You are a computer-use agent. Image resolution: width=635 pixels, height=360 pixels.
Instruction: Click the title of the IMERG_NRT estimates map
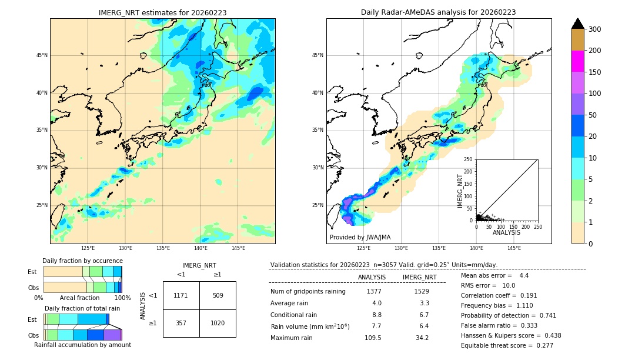tap(162, 12)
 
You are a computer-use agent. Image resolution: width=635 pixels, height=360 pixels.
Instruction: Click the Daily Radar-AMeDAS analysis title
tap(439, 12)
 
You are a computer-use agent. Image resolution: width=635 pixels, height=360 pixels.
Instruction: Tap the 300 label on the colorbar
tap(596, 29)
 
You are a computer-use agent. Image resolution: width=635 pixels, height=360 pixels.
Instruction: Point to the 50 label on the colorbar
tap(593, 115)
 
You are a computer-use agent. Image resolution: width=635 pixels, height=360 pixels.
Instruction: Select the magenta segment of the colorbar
tap(577, 61)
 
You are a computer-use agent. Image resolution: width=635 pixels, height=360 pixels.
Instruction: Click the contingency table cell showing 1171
tap(181, 295)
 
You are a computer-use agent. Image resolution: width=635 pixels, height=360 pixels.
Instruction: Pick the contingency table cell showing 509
tap(218, 295)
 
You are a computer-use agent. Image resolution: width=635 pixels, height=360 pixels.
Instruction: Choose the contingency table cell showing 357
tap(181, 323)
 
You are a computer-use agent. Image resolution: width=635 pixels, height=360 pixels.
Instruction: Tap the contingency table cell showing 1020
tap(218, 323)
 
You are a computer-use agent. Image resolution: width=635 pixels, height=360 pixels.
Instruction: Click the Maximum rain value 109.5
tap(373, 338)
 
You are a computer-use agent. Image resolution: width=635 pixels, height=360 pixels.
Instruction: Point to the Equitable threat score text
tap(507, 345)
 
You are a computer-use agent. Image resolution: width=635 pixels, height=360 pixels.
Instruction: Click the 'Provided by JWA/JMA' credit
tap(360, 238)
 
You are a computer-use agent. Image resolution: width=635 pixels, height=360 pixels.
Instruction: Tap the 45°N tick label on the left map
tap(42, 55)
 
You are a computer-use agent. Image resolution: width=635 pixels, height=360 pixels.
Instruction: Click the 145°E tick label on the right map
tap(514, 248)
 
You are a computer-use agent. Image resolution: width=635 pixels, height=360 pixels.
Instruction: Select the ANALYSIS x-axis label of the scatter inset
tap(507, 232)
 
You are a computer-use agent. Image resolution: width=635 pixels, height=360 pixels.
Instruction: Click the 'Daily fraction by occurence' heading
tap(82, 261)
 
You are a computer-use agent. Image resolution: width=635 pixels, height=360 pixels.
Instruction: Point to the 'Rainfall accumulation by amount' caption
tap(82, 345)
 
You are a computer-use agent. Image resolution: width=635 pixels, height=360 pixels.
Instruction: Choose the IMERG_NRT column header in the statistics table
tap(419, 277)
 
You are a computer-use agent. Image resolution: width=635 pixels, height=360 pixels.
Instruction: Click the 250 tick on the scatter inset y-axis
tap(469, 159)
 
